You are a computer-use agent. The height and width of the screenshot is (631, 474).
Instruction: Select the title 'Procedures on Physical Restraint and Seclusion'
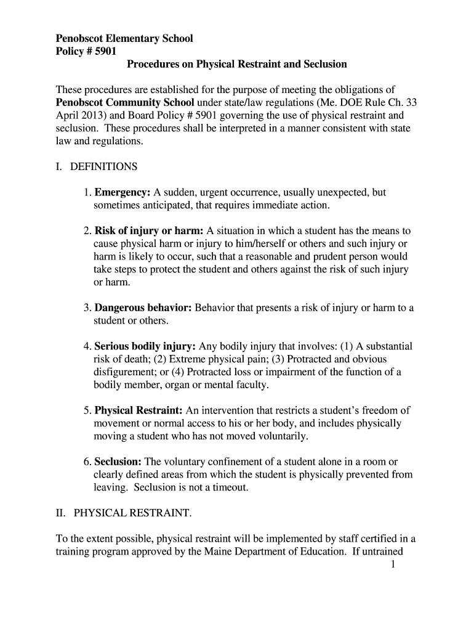coord(237,64)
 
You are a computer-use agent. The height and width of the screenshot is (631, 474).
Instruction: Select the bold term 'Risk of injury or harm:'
coord(149,231)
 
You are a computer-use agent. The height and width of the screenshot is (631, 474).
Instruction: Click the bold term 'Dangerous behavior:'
coord(143,308)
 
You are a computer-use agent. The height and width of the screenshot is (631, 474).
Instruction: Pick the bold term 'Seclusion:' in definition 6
coord(118,462)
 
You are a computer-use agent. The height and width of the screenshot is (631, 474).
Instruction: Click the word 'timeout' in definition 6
coord(231,487)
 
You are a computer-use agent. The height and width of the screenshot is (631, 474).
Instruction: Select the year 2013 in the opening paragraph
coord(93,115)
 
